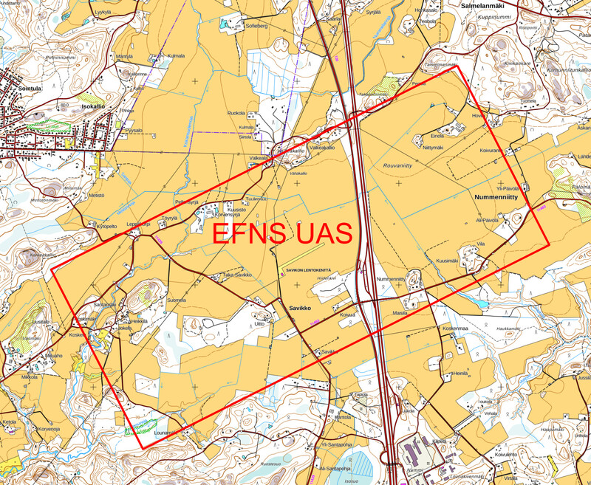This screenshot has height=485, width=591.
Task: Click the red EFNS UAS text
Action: click(x=281, y=233)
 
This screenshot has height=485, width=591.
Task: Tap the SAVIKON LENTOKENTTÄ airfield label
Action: click(x=308, y=271)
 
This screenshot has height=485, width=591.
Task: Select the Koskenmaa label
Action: click(x=455, y=329)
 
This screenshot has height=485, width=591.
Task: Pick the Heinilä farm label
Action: click(x=461, y=374)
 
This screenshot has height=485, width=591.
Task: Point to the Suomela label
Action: click(x=177, y=300)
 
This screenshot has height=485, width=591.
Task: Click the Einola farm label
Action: click(x=437, y=136)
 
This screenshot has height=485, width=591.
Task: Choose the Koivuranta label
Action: click(x=491, y=151)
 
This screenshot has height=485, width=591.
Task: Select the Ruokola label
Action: click(x=236, y=113)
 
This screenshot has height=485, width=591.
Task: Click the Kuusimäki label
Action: click(x=448, y=260)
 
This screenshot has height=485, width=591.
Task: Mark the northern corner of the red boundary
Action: click(x=459, y=66)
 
